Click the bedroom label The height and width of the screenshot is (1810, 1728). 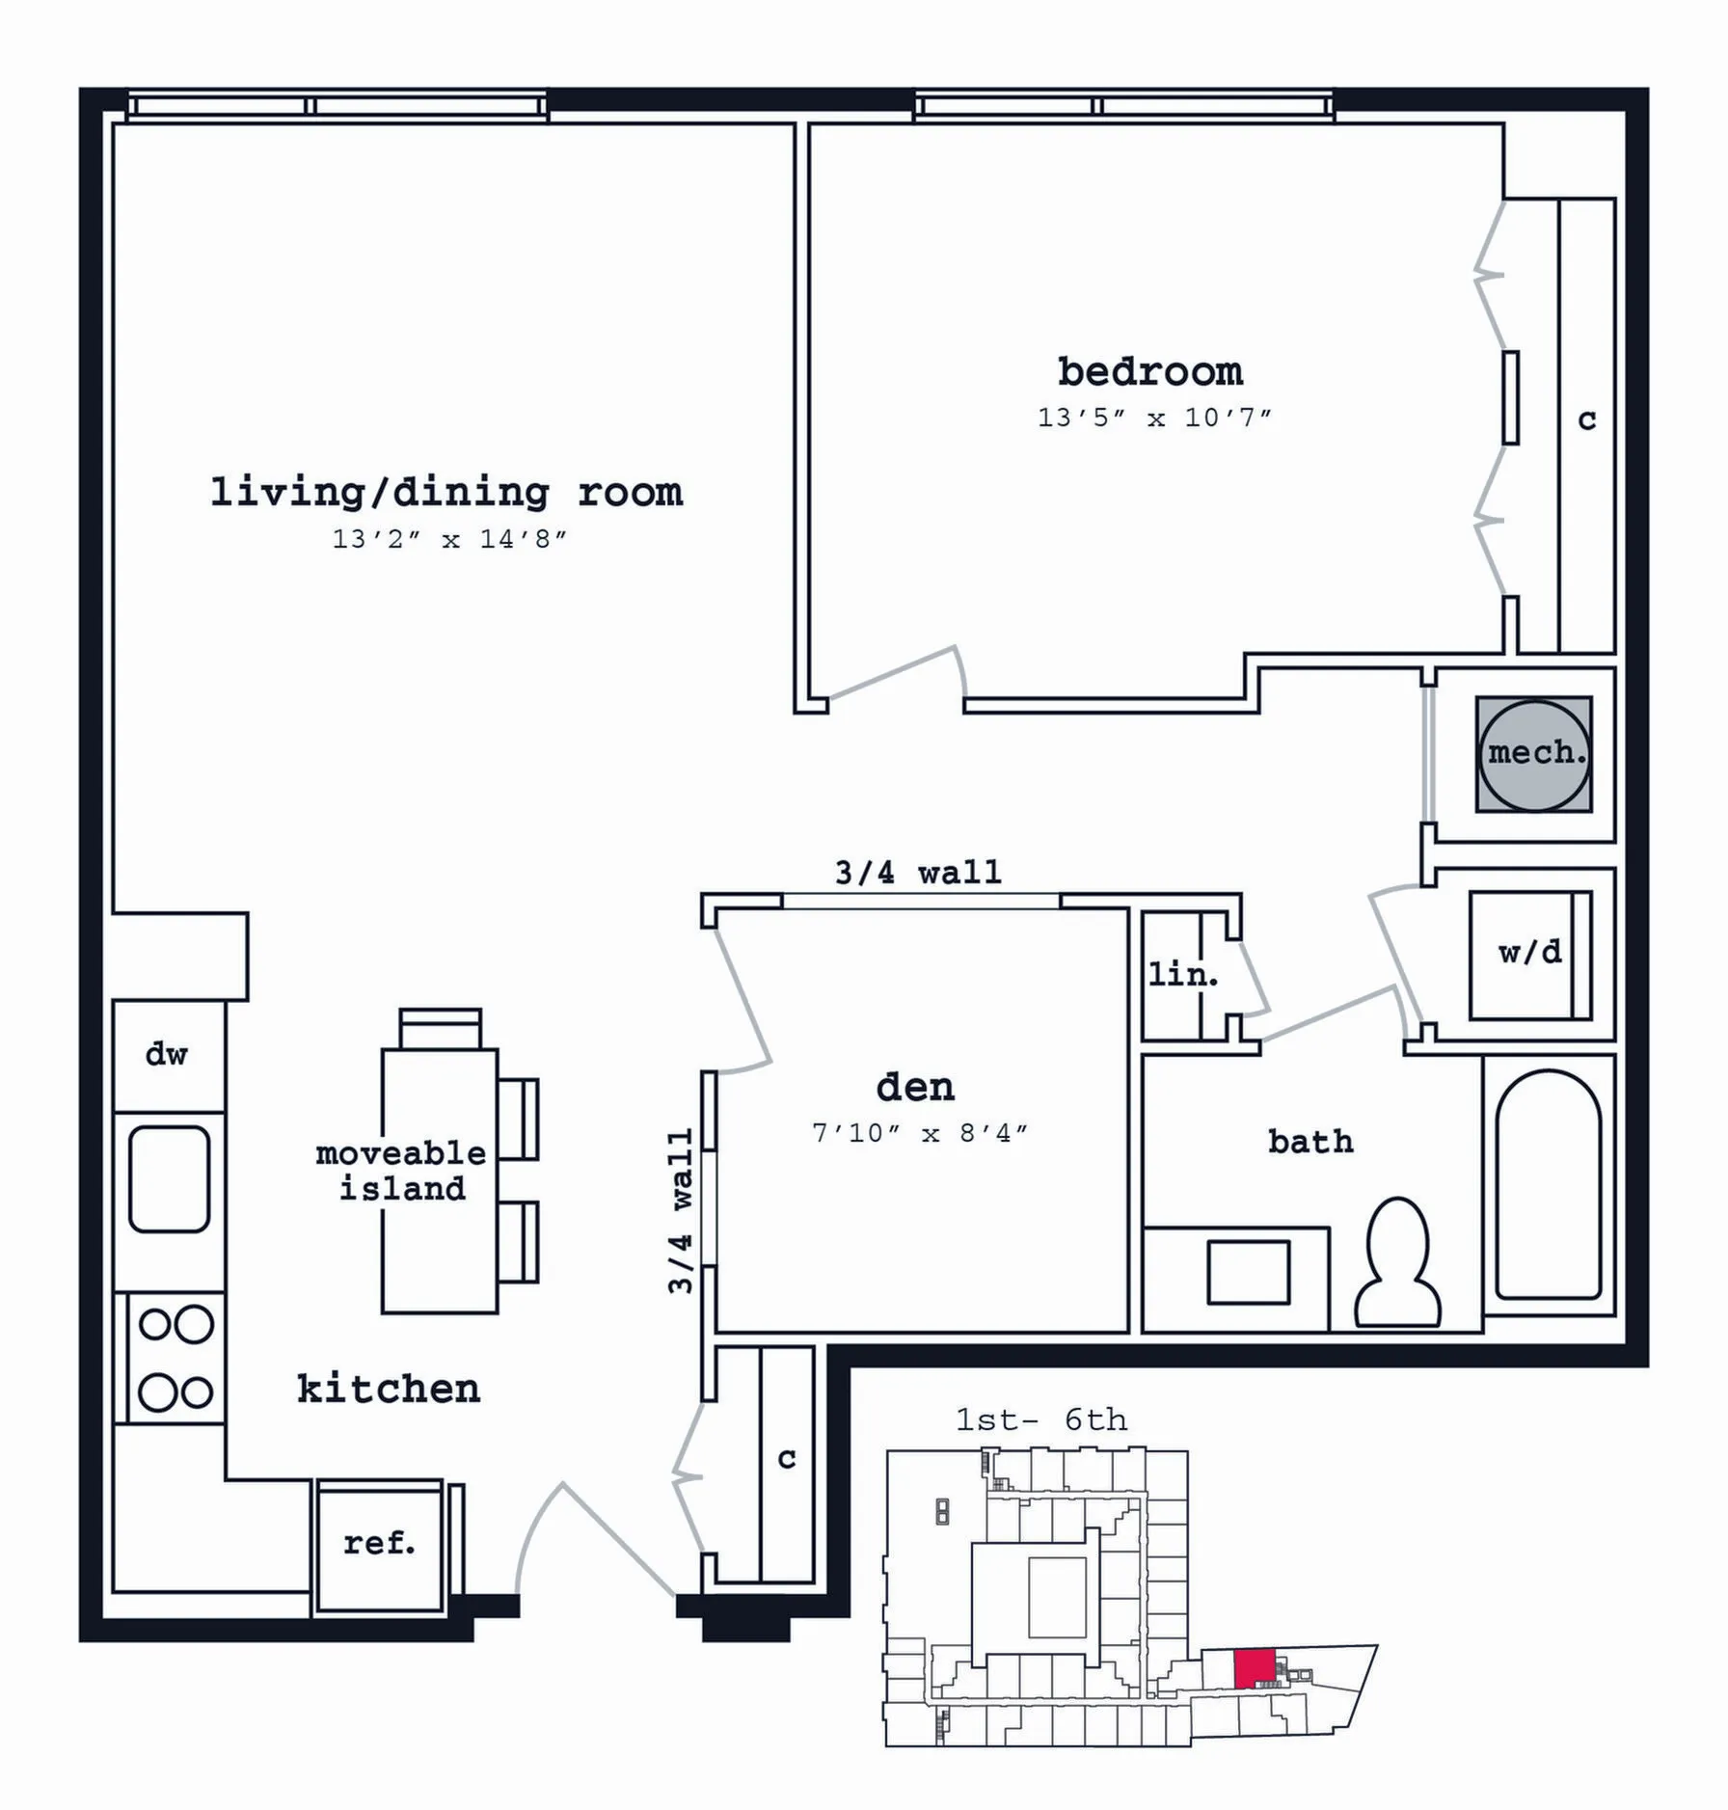tap(1149, 371)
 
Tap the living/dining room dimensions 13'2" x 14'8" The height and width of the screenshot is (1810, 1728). tap(449, 539)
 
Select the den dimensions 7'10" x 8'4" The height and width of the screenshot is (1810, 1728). tap(920, 1133)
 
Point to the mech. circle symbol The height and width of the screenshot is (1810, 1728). tap(1534, 755)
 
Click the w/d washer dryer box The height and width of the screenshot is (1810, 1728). tap(1530, 955)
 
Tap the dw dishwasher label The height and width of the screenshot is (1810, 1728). tap(166, 1054)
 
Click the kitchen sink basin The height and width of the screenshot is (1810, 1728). tap(170, 1178)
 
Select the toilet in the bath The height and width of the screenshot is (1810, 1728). tap(1397, 1262)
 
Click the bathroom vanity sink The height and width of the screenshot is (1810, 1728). tap(1249, 1273)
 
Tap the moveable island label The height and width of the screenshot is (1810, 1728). tap(401, 1171)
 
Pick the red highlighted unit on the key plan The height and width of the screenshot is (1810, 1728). tap(1255, 1667)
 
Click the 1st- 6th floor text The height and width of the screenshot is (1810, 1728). tap(1041, 1419)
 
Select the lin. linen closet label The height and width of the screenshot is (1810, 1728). tap(1183, 974)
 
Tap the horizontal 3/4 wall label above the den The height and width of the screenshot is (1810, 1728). tap(918, 873)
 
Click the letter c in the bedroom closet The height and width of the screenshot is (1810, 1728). tap(1587, 420)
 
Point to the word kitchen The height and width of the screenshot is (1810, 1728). tap(389, 1389)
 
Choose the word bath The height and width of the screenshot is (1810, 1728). tap(1310, 1142)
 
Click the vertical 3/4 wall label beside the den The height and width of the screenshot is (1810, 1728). tap(681, 1210)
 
